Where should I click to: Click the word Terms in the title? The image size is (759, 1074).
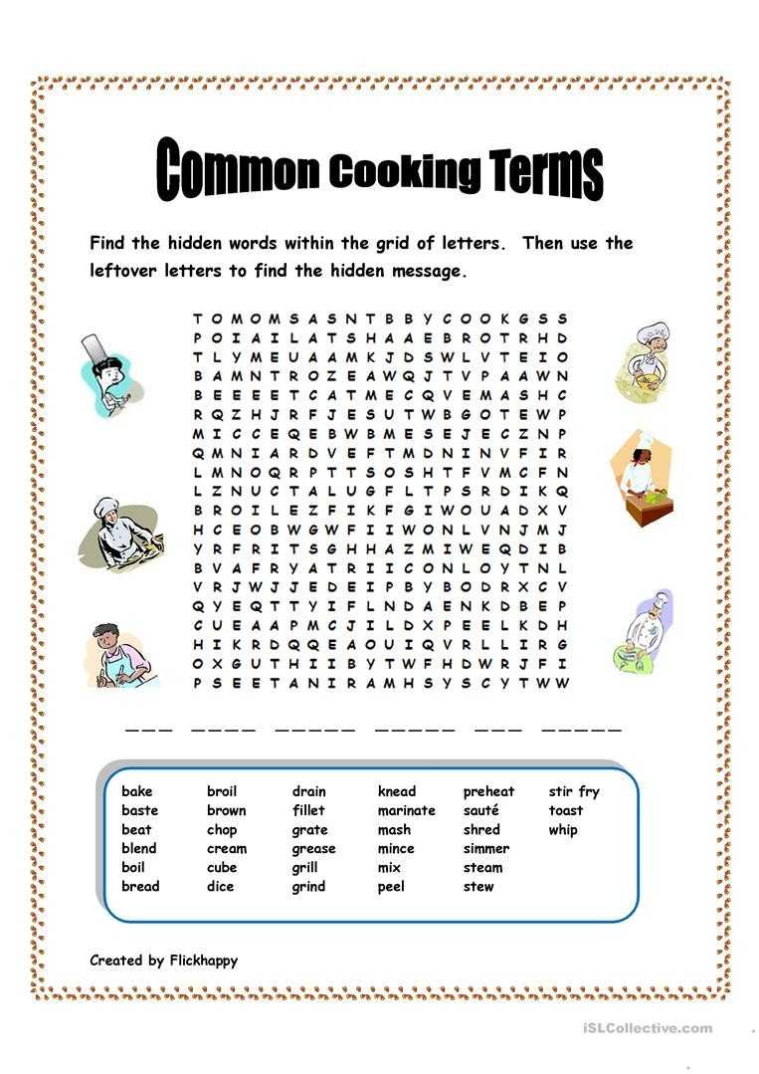point(546,172)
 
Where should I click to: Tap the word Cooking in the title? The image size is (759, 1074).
point(404,172)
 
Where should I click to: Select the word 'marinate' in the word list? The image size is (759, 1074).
point(406,810)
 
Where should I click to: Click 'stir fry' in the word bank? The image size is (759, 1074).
point(574,791)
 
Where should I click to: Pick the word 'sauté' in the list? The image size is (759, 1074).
point(480,810)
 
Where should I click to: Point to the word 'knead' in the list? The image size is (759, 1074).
point(397,791)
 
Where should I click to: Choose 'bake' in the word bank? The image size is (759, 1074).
point(137,791)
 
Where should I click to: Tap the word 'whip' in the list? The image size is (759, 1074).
point(562,829)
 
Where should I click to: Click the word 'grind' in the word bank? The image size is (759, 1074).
point(308,886)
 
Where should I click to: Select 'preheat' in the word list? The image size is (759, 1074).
point(488,791)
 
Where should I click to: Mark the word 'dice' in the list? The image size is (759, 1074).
point(220,886)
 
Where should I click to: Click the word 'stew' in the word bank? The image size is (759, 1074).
point(477,886)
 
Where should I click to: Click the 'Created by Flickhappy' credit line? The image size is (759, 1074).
point(163,961)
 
